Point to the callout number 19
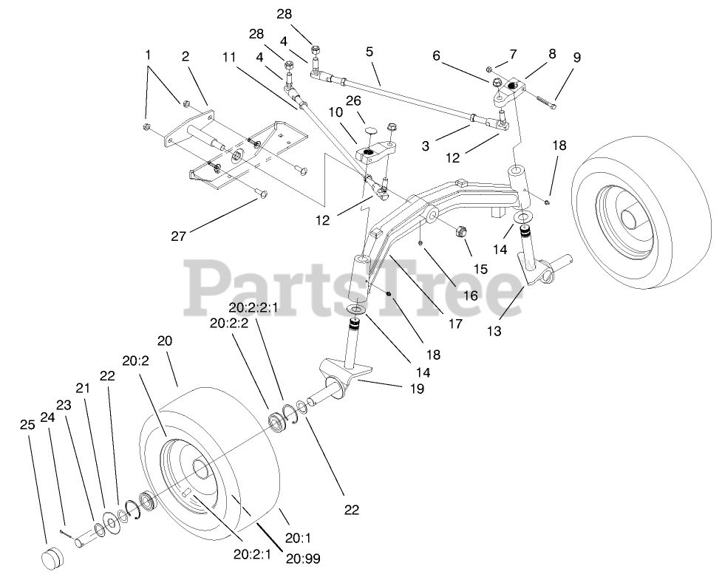tap(417, 388)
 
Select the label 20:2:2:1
tap(254, 308)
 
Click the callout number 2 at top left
tap(185, 55)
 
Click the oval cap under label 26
tap(369, 130)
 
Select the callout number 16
tap(470, 295)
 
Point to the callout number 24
tap(49, 417)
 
